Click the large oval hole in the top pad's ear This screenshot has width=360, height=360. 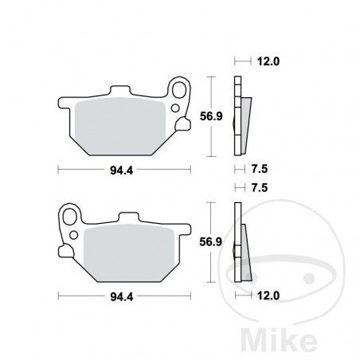(180, 90)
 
